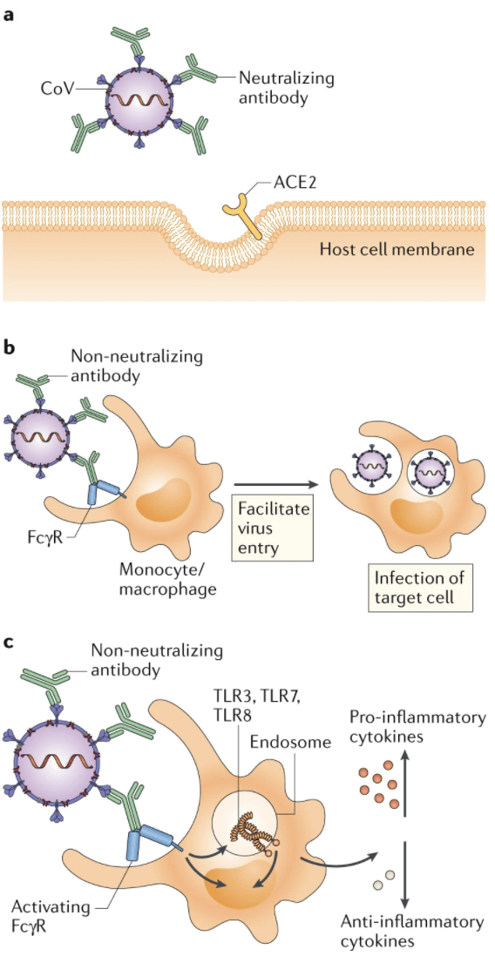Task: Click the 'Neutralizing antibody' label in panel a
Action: click(277, 87)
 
